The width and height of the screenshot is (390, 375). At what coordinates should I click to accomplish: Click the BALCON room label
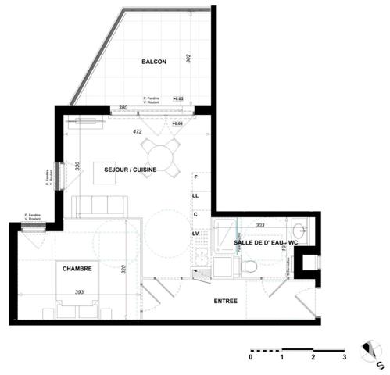(152, 62)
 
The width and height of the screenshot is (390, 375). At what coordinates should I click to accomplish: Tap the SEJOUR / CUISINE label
(124, 170)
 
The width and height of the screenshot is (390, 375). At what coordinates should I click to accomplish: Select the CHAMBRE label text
(77, 268)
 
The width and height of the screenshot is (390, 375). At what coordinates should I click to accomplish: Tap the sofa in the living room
(99, 205)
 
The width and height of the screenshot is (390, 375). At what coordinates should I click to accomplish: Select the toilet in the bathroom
(249, 266)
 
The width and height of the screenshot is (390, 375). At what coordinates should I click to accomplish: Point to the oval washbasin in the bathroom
(299, 232)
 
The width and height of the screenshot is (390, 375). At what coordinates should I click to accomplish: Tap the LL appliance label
(197, 196)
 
